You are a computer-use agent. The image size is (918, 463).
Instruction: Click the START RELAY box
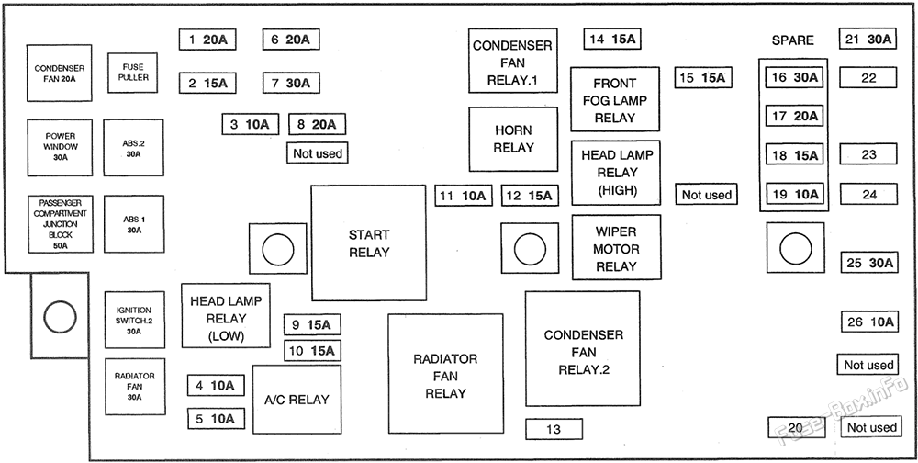[368, 243]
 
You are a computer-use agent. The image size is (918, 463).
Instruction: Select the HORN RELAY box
[513, 139]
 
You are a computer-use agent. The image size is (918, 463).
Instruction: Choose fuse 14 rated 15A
[611, 39]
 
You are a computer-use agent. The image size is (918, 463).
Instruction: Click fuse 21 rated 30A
[868, 39]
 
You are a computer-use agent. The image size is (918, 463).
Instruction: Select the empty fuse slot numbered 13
[554, 428]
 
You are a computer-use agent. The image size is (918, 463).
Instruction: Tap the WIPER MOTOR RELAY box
[616, 248]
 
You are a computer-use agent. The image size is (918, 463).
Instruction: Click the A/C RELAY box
[296, 400]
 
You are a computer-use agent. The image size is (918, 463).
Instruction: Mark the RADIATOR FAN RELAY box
[445, 375]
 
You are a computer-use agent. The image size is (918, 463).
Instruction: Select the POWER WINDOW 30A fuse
[61, 146]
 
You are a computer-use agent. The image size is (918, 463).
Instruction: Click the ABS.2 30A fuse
[133, 147]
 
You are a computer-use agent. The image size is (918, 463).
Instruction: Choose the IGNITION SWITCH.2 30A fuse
[134, 321]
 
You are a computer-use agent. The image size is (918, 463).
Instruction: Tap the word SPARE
[792, 40]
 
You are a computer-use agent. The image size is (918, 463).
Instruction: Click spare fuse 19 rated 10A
[794, 194]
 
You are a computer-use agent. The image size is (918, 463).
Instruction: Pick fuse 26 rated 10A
[869, 322]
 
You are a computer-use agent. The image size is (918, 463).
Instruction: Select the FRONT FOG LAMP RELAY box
[615, 100]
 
